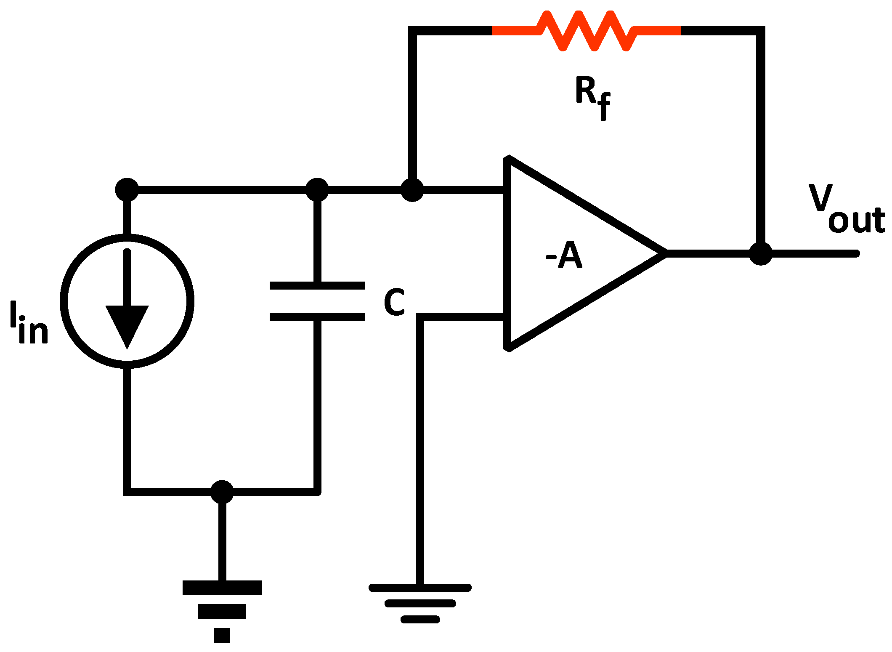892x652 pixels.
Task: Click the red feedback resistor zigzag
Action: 587,31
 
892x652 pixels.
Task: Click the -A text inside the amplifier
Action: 564,255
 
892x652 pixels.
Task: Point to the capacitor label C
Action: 394,302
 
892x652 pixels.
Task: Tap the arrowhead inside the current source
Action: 127,325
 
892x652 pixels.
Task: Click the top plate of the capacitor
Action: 317,285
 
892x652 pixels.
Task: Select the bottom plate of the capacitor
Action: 317,317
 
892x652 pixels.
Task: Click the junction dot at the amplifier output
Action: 761,253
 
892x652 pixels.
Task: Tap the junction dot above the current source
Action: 127,190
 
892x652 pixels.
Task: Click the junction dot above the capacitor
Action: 317,190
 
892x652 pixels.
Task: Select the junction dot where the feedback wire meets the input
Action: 412,190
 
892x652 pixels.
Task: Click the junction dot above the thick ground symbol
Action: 222,492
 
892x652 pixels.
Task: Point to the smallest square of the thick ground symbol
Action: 222,635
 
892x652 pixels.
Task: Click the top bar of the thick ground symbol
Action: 222,588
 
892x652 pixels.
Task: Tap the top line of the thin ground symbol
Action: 420,588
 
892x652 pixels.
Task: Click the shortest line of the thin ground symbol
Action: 420,619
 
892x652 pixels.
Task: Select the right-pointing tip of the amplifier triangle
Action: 665,253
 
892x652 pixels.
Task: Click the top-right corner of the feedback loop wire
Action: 761,31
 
